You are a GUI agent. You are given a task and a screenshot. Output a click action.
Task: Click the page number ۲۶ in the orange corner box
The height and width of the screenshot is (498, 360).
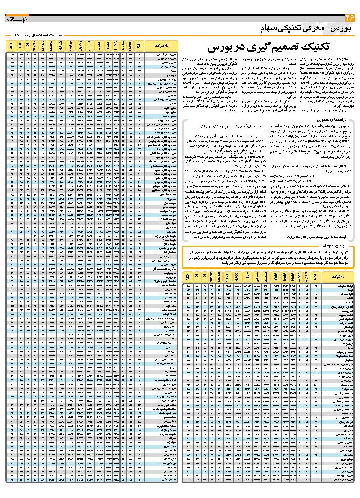348,17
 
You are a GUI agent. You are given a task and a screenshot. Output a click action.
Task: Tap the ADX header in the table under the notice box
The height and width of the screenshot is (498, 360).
188,278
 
